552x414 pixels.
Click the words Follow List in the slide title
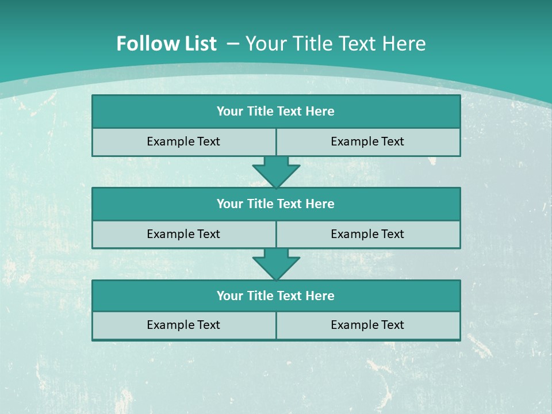166,44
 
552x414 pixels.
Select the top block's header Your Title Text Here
275,112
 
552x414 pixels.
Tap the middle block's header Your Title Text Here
275,204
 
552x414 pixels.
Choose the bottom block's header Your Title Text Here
275,296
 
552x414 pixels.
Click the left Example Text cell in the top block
183,141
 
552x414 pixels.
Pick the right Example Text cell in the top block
367,141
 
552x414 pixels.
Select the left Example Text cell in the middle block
183,234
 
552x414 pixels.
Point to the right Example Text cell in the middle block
367,234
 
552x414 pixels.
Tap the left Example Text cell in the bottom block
183,325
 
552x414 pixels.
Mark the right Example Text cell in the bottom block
367,325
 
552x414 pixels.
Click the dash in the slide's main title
233,44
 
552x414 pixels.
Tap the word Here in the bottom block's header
320,296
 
